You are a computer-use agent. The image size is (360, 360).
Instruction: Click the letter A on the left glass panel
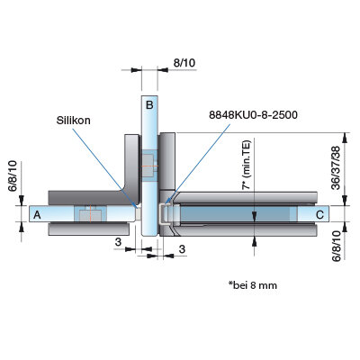37,215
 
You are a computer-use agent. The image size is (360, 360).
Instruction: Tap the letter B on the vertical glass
149,105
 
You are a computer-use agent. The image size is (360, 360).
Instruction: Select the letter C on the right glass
320,215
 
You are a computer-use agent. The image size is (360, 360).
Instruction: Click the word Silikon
74,121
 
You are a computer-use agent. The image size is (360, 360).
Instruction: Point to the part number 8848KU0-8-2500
253,114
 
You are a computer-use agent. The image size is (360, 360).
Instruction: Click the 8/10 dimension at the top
184,63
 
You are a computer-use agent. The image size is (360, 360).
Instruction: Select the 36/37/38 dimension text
336,167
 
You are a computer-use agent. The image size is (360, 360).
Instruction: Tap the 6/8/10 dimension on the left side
13,176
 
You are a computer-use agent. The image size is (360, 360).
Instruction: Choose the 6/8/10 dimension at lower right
337,246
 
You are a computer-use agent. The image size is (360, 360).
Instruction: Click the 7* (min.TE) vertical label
247,165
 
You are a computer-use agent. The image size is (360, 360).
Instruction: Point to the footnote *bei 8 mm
253,284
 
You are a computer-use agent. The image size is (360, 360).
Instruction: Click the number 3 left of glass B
118,242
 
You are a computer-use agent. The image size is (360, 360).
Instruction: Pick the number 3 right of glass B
182,249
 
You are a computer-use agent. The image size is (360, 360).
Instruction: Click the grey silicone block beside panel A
139,214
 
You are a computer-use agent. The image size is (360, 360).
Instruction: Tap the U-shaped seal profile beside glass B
163,214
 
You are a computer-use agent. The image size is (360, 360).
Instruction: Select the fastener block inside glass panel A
90,214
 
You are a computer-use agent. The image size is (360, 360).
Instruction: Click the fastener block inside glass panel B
148,166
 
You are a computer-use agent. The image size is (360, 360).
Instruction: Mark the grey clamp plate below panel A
89,229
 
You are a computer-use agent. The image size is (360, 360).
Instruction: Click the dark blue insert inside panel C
236,214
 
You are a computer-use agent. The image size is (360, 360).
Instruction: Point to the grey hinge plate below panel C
240,230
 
